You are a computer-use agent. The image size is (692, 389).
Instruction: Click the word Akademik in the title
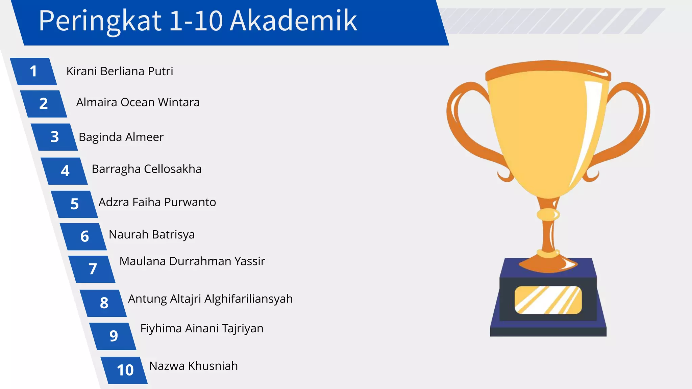pyautogui.click(x=293, y=21)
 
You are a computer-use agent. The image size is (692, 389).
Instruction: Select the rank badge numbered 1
pyautogui.click(x=33, y=71)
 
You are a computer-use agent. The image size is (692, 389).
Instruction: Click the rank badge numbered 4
pyautogui.click(x=65, y=171)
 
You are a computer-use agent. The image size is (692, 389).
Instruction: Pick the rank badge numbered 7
pyautogui.click(x=92, y=269)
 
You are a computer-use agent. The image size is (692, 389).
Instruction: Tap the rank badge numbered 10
pyautogui.click(x=125, y=370)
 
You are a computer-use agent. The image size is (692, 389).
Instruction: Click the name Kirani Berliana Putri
pyautogui.click(x=120, y=71)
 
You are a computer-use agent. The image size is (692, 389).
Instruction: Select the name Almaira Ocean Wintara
pyautogui.click(x=138, y=102)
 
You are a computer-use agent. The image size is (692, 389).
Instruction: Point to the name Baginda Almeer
pyautogui.click(x=121, y=137)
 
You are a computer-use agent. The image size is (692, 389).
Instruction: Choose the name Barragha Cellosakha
pyautogui.click(x=147, y=169)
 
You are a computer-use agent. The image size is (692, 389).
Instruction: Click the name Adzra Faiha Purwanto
pyautogui.click(x=157, y=202)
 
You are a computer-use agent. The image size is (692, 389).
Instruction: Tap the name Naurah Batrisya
pyautogui.click(x=152, y=234)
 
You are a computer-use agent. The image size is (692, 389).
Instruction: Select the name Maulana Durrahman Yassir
pyautogui.click(x=192, y=261)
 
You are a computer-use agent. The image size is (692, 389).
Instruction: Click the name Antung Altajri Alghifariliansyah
pyautogui.click(x=210, y=299)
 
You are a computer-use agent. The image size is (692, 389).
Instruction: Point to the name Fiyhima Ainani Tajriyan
pyautogui.click(x=202, y=328)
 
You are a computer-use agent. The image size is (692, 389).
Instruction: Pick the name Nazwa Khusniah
pyautogui.click(x=193, y=366)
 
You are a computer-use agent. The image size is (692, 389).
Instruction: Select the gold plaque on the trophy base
pyautogui.click(x=548, y=300)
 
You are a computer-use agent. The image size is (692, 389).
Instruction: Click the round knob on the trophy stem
pyautogui.click(x=548, y=214)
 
